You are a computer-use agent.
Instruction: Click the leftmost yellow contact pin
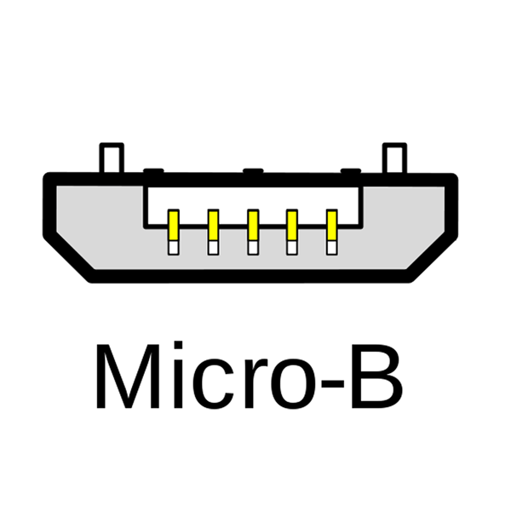[x=174, y=226]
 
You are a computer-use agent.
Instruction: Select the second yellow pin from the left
[x=213, y=226]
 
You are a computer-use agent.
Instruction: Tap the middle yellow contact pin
[x=253, y=226]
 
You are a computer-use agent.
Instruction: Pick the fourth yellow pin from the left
[x=292, y=226]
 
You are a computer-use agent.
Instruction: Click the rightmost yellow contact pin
[x=332, y=226]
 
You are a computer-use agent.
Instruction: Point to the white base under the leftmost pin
[x=174, y=248]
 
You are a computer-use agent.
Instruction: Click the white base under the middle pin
[x=253, y=248]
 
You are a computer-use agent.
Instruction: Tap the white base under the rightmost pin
[x=332, y=248]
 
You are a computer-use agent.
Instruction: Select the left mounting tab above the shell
[x=112, y=158]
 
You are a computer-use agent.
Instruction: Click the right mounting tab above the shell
[x=394, y=158]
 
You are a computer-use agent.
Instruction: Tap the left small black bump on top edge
[x=153, y=171]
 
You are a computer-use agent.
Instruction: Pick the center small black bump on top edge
[x=253, y=171]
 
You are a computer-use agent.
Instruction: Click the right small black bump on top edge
[x=351, y=171]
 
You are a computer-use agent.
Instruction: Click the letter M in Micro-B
[x=128, y=376]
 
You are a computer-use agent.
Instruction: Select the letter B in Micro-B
[x=376, y=376]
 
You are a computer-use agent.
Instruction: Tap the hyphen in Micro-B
[x=333, y=383]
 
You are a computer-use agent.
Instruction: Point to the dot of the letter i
[x=178, y=346]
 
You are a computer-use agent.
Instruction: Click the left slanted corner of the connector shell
[x=69, y=256]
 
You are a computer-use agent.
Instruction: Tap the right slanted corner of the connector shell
[x=433, y=256]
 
